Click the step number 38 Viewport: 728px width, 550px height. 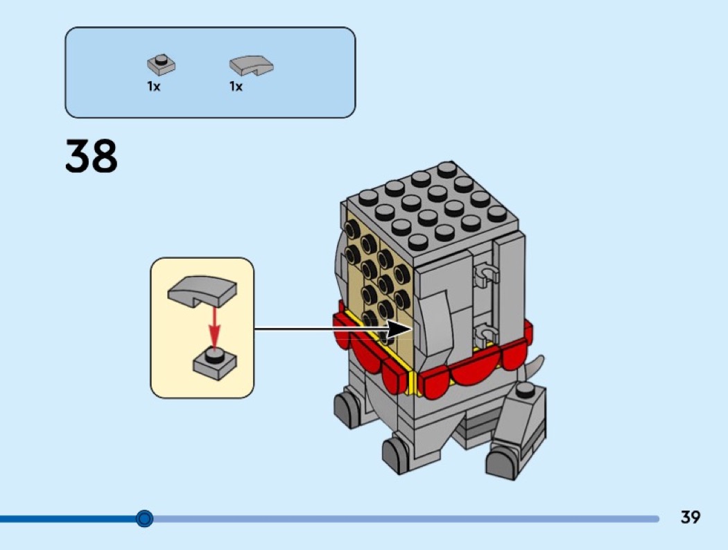[x=92, y=156]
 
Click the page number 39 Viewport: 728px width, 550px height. [x=690, y=517]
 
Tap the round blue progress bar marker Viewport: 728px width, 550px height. [x=144, y=518]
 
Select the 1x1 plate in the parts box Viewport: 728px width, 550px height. [x=161, y=65]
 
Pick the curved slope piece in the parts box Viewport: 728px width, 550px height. [x=251, y=65]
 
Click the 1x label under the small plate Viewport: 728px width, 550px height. [x=154, y=87]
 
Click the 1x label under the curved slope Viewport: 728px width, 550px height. [x=236, y=87]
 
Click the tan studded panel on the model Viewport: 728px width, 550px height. [x=378, y=277]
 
